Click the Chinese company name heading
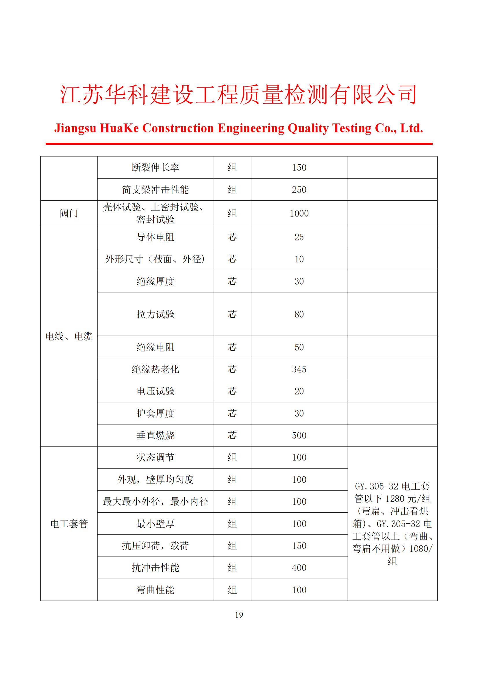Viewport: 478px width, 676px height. tap(239, 95)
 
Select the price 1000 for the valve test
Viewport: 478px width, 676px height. tap(299, 214)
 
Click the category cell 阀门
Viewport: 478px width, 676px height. tap(69, 214)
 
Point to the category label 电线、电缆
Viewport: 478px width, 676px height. tap(69, 336)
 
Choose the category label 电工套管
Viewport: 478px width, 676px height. tap(69, 524)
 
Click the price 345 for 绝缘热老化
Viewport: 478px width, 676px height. tap(299, 369)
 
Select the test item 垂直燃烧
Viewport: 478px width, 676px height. tap(155, 436)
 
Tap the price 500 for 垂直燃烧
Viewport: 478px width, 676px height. tap(299, 436)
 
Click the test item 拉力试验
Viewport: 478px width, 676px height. tap(155, 314)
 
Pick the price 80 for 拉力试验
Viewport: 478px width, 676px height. tap(299, 314)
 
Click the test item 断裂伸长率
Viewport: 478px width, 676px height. tap(155, 168)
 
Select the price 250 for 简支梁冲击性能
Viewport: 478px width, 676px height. tap(299, 190)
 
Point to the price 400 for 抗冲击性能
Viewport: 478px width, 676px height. tap(299, 568)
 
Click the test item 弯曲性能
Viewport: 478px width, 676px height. tap(155, 590)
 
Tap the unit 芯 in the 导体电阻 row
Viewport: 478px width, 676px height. tap(232, 237)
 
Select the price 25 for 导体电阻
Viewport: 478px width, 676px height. tap(299, 237)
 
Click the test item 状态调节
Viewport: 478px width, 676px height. tap(155, 457)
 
